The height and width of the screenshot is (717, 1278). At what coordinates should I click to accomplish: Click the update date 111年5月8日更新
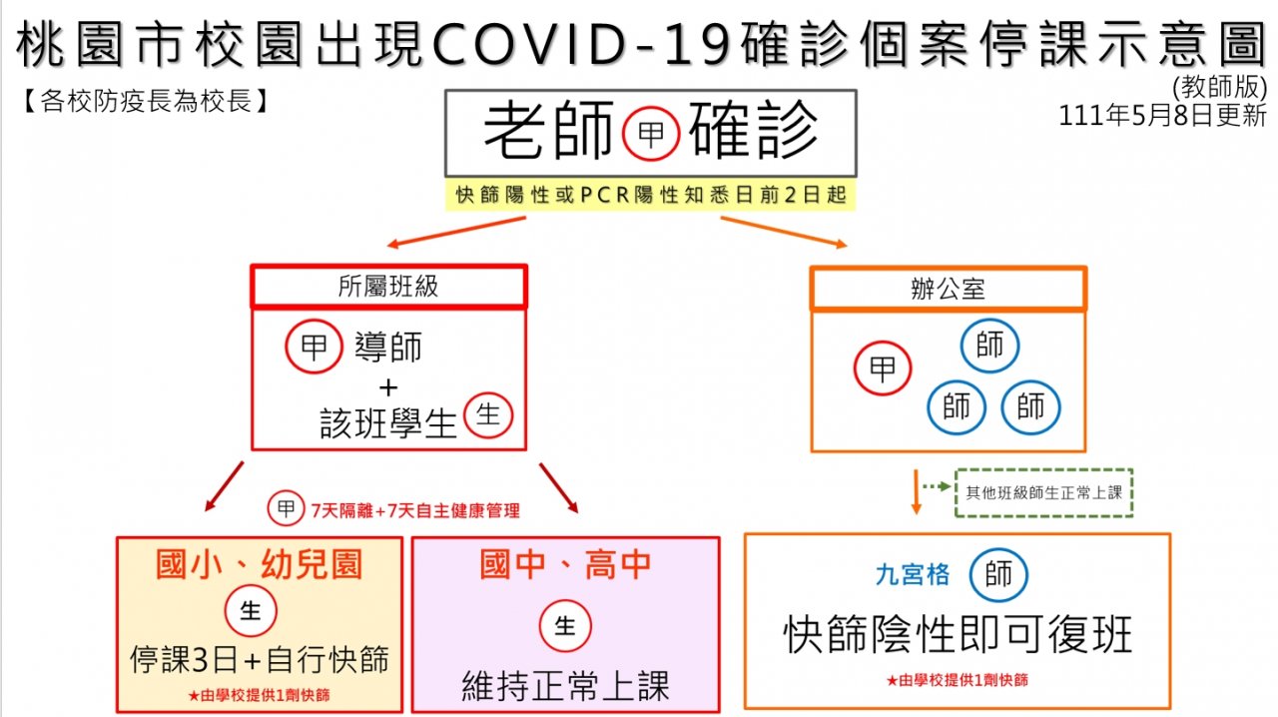tap(1162, 116)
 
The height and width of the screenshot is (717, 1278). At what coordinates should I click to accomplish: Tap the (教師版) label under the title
tap(1219, 87)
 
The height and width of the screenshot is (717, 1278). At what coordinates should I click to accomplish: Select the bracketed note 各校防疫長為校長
tap(146, 102)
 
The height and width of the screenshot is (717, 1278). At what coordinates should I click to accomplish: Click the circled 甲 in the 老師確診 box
tap(650, 134)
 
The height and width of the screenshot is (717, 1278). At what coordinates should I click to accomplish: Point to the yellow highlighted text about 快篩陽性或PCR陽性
tap(650, 196)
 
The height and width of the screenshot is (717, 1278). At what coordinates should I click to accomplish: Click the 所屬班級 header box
tap(388, 287)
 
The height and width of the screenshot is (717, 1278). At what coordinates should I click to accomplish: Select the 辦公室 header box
tap(949, 289)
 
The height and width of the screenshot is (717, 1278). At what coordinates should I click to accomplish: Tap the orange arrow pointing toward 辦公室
tap(784, 232)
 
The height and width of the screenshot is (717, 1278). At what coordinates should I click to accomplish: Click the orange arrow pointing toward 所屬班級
tap(456, 232)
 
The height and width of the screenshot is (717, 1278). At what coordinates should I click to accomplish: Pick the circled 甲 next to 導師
tap(314, 347)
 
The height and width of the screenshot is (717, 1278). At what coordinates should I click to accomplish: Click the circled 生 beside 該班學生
tap(488, 415)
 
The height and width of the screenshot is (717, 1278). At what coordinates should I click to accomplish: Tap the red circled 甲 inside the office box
tap(883, 368)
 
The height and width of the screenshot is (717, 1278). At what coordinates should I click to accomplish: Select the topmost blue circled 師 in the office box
tap(989, 346)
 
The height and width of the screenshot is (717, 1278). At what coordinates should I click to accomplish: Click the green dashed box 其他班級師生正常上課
tap(1044, 492)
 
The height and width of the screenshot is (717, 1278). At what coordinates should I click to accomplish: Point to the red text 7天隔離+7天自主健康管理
tap(415, 510)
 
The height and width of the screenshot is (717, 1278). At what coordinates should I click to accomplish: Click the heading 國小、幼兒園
tap(260, 564)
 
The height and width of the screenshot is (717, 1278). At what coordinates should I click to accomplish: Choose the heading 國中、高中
tap(565, 564)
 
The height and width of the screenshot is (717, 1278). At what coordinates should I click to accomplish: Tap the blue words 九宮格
tap(913, 575)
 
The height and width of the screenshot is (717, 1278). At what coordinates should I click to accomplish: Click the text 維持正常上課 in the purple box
tap(565, 686)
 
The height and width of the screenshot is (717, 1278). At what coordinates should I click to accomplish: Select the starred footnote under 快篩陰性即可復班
tap(958, 680)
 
